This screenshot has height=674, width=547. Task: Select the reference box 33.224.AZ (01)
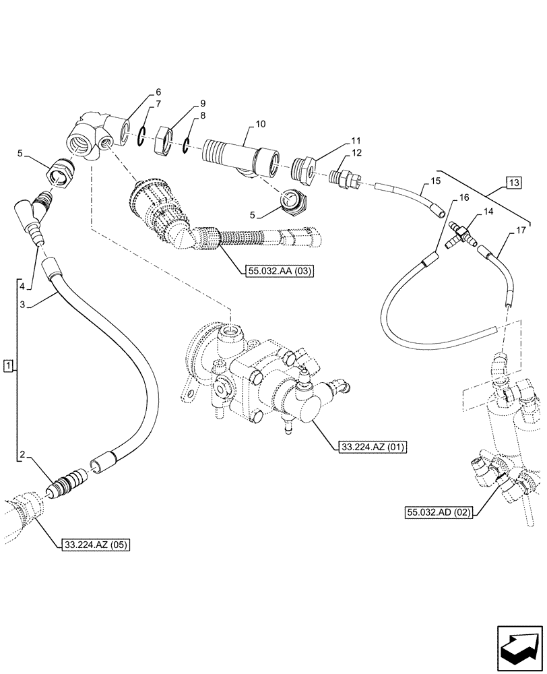click(x=369, y=446)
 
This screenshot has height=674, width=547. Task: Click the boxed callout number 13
click(x=515, y=183)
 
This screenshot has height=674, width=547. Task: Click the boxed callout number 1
click(x=7, y=366)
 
